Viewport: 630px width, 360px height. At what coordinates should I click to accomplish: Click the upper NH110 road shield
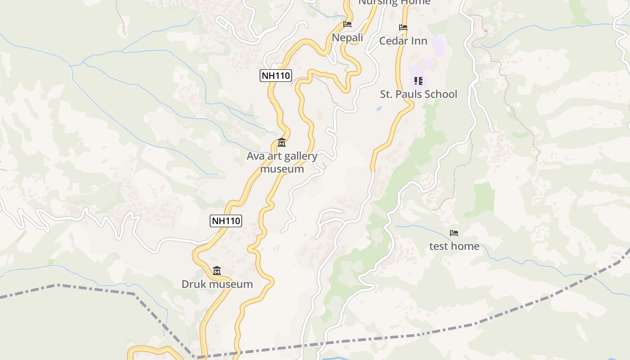tap(276, 75)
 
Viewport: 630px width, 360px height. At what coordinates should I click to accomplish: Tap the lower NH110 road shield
tap(226, 220)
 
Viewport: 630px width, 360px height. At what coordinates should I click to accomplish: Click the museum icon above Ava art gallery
tap(282, 143)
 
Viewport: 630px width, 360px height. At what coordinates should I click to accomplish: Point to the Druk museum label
tap(217, 284)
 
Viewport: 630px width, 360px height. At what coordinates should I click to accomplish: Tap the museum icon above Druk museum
tap(217, 270)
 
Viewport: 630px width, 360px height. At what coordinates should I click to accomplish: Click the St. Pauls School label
tap(418, 94)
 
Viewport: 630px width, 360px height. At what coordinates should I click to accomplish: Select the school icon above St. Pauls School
tap(418, 81)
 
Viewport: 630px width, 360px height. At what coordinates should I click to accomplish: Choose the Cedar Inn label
tap(403, 41)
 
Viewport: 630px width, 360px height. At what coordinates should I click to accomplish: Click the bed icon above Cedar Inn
tap(403, 28)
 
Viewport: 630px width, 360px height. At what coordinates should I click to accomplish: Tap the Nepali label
tap(347, 37)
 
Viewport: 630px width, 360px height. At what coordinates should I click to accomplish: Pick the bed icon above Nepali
tap(347, 24)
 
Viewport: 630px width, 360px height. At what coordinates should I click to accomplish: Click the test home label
tap(454, 246)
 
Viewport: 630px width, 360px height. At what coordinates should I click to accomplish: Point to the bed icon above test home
tap(454, 233)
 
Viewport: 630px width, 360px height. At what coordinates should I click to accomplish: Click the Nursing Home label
tap(394, 2)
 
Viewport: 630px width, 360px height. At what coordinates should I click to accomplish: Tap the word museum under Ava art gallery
tap(282, 169)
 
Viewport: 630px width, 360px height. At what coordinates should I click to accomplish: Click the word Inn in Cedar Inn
tap(418, 41)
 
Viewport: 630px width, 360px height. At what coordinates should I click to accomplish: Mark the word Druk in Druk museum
tap(192, 284)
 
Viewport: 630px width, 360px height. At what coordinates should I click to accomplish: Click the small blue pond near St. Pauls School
tap(378, 108)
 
